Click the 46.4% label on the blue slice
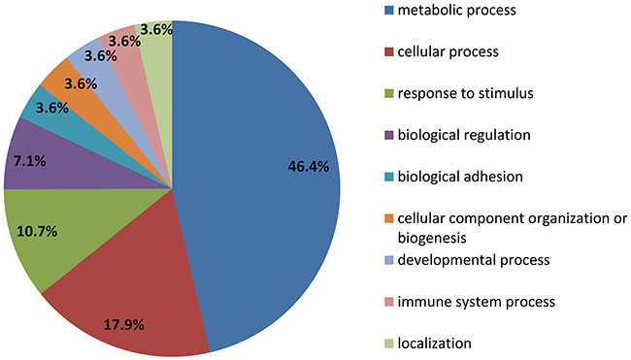pyautogui.click(x=309, y=167)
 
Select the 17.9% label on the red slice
pyautogui.click(x=124, y=325)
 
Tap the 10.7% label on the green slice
pyautogui.click(x=37, y=232)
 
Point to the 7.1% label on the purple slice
pyautogui.click(x=30, y=161)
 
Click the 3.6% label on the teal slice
pyautogui.click(x=52, y=109)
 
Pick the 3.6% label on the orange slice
pyautogui.click(x=81, y=84)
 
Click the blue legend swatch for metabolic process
pyautogui.click(x=388, y=10)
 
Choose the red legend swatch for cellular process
pyautogui.click(x=388, y=51)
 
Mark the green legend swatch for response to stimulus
pyautogui.click(x=388, y=93)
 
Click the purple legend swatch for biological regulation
pyautogui.click(x=388, y=135)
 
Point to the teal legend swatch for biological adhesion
pyautogui.click(x=388, y=177)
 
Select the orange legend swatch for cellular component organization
pyautogui.click(x=388, y=218)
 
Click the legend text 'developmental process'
pyautogui.click(x=474, y=260)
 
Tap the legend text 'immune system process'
pyautogui.click(x=477, y=302)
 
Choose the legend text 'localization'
pyautogui.click(x=435, y=344)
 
